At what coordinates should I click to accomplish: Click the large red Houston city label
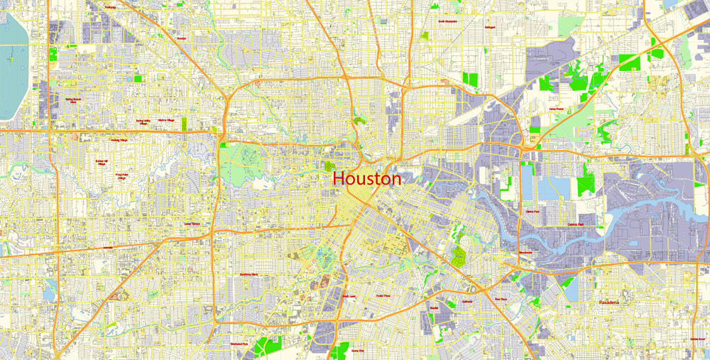[x=366, y=179]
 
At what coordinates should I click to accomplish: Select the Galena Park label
[x=576, y=224]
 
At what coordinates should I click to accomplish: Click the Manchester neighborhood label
[x=525, y=253]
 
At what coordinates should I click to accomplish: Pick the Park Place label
[x=501, y=299]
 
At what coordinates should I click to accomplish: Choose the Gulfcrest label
[x=466, y=301]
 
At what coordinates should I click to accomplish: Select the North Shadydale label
[x=447, y=21]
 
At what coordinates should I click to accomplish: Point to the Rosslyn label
[x=181, y=38]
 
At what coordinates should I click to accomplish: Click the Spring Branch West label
[x=72, y=101]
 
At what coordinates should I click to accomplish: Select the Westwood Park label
[x=240, y=344]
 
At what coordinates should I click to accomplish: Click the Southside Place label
[x=248, y=274]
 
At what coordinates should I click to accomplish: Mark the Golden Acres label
[x=697, y=339]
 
